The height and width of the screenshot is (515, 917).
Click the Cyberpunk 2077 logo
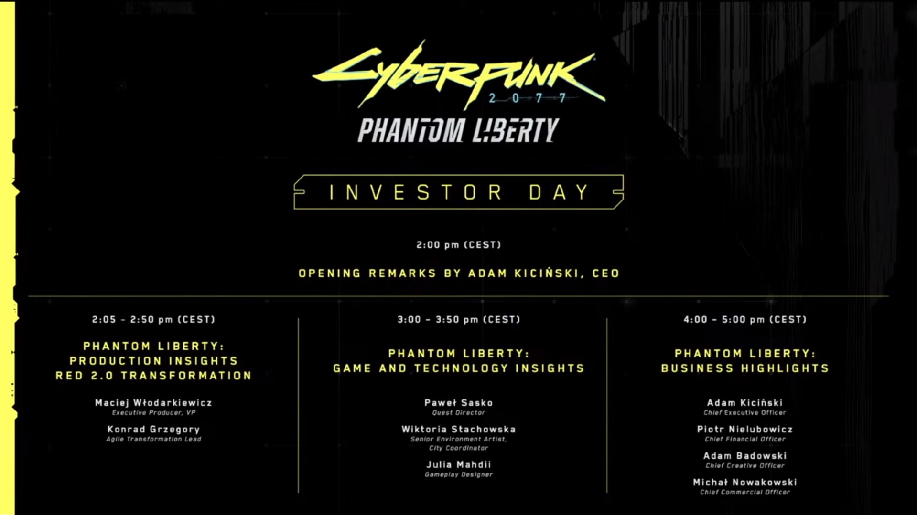[458, 76]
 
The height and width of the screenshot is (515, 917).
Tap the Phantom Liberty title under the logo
[458, 130]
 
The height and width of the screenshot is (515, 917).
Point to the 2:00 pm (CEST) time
[458, 245]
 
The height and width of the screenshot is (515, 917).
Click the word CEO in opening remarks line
[605, 273]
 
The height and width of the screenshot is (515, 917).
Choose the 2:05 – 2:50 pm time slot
[153, 319]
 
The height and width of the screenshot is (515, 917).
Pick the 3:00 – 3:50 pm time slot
[458, 319]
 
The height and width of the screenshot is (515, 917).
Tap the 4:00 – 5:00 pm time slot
[744, 319]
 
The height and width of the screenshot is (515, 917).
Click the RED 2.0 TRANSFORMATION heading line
[153, 376]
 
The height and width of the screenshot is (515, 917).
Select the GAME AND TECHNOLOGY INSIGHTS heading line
[458, 368]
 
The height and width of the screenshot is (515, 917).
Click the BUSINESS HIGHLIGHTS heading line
[744, 368]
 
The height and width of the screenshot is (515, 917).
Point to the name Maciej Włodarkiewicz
[153, 403]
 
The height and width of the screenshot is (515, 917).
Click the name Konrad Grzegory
[153, 430]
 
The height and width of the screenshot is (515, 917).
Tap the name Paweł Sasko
[458, 403]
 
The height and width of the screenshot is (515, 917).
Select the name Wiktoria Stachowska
[458, 430]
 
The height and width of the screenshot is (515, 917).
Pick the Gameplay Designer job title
[458, 474]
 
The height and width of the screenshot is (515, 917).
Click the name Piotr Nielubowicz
[744, 430]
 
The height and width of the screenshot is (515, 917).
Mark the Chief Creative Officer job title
[744, 466]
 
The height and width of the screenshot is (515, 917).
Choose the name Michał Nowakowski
[744, 483]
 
